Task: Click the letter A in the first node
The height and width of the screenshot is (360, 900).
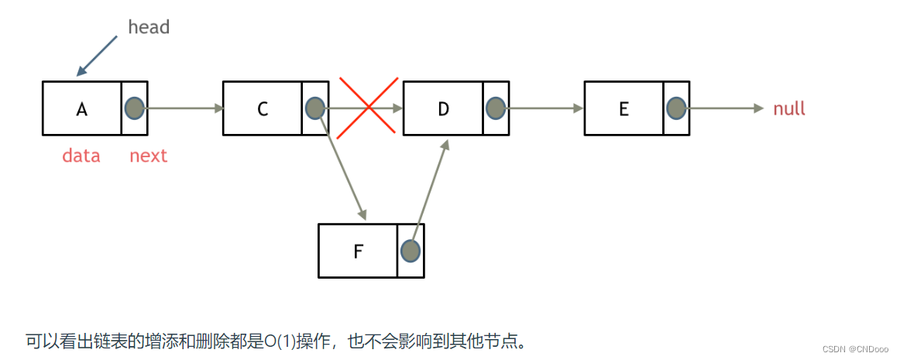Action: click(x=81, y=109)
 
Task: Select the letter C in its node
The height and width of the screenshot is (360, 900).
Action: click(x=263, y=109)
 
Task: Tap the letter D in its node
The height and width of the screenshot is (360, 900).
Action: click(x=443, y=109)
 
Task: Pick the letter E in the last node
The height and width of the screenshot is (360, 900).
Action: click(x=623, y=109)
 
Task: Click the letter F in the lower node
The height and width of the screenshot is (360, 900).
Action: click(x=358, y=252)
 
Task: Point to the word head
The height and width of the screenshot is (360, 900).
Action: click(x=148, y=27)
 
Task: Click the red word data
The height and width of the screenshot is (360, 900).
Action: click(x=81, y=156)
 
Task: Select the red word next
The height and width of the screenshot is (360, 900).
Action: click(x=148, y=156)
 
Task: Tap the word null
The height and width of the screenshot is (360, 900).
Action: click(x=789, y=109)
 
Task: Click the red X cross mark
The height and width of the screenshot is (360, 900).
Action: click(x=368, y=108)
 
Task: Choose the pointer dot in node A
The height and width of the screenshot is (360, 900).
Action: click(x=135, y=108)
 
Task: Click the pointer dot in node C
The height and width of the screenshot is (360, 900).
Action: click(x=315, y=108)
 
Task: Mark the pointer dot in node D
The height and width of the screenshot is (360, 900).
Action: click(x=496, y=108)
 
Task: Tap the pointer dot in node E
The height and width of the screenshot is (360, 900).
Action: click(x=676, y=108)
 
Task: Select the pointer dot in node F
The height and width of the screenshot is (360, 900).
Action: click(x=410, y=250)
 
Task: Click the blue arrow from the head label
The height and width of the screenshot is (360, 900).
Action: click(x=98, y=56)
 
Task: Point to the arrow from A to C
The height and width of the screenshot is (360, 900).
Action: click(x=184, y=108)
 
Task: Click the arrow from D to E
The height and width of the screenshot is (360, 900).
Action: click(x=545, y=108)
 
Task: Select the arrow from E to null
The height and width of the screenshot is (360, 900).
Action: click(x=725, y=108)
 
